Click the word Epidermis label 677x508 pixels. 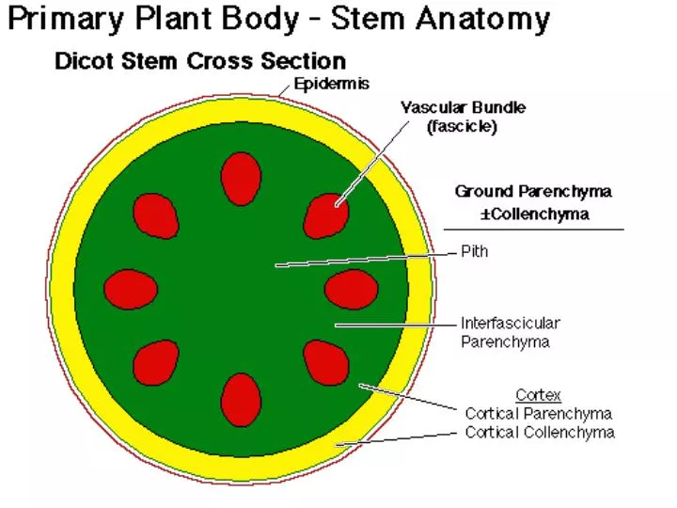(x=332, y=84)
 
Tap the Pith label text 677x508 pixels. (x=475, y=252)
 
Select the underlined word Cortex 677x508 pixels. (x=538, y=395)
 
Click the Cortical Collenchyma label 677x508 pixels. (x=540, y=433)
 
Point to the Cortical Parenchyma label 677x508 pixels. (x=539, y=414)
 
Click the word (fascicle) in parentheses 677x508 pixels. (x=463, y=126)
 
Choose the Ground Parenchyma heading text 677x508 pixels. (x=533, y=192)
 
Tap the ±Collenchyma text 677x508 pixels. (x=534, y=214)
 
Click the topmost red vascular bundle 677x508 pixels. (x=241, y=178)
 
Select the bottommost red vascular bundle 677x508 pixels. (x=241, y=399)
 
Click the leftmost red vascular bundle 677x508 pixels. (x=131, y=289)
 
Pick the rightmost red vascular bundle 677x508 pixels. (x=351, y=289)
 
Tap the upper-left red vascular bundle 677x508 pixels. (x=155, y=215)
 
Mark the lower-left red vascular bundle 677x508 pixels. (x=156, y=362)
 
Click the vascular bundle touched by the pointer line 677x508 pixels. (x=326, y=215)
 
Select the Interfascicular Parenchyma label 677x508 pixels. (x=510, y=333)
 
